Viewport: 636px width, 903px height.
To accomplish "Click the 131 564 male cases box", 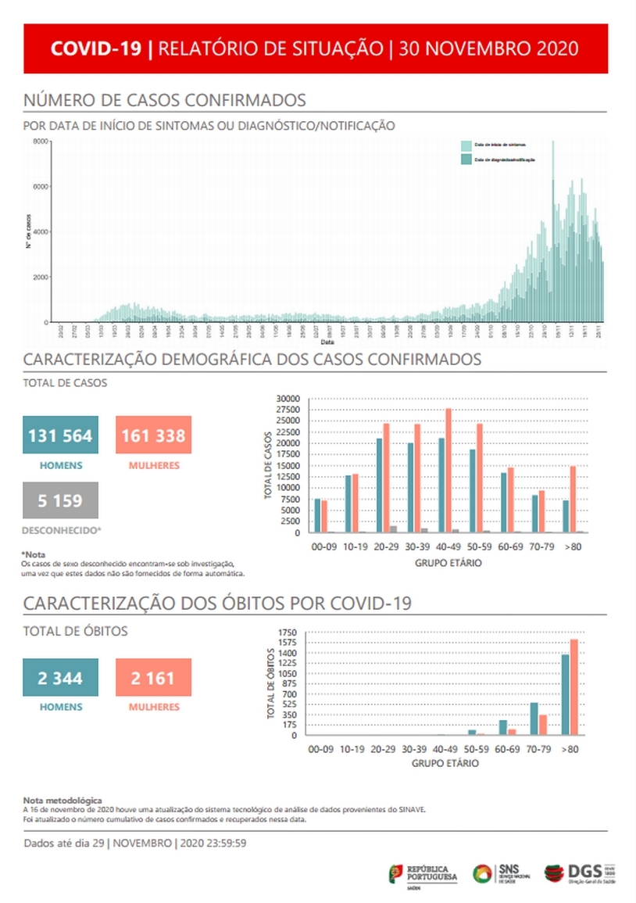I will click(60, 435).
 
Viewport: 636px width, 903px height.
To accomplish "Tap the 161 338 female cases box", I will click(153, 435).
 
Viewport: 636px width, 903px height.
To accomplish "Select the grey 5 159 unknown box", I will click(60, 500).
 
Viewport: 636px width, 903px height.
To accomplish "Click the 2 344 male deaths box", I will click(60, 678).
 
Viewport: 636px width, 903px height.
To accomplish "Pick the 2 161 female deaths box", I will click(153, 678).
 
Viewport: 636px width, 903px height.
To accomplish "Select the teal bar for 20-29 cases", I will click(380, 486).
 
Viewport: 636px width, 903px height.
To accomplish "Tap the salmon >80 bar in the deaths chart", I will click(573, 687).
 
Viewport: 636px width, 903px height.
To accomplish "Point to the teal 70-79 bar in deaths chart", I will click(534, 718).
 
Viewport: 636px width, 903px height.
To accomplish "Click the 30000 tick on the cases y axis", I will click(288, 399).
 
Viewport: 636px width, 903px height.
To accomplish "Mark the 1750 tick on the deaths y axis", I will click(288, 632).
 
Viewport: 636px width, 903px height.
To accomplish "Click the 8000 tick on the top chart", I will click(40, 142).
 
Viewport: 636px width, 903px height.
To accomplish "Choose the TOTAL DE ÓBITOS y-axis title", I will click(270, 684).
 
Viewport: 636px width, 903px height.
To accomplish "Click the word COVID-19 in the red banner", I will click(95, 48).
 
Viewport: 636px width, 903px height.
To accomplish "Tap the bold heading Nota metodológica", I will click(63, 801).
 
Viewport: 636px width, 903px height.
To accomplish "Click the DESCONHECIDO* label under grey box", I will click(60, 530).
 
